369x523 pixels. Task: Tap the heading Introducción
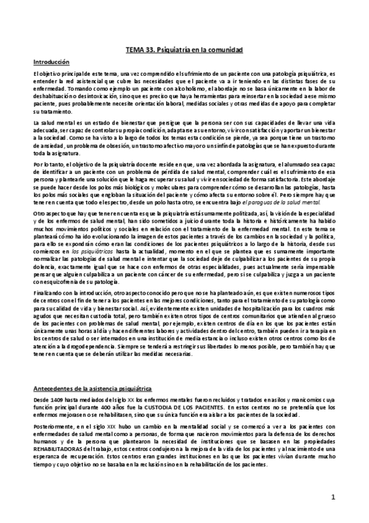(52, 62)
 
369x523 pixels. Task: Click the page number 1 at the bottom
(332, 496)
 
